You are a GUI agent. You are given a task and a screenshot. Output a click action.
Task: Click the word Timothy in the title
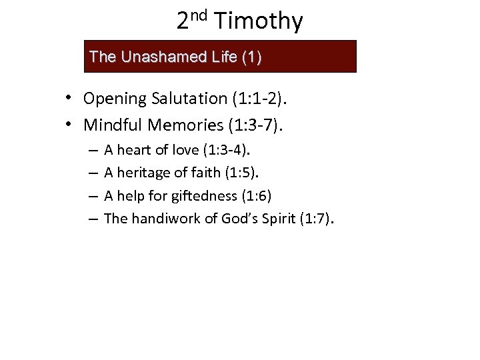click(x=260, y=22)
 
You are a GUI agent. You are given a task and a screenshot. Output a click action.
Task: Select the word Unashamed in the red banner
click(x=153, y=57)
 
